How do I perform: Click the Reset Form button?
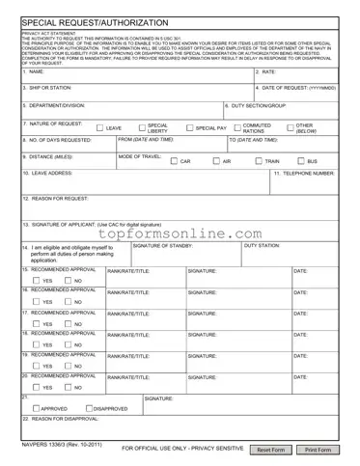(271, 451)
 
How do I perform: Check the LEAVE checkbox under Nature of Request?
(99, 127)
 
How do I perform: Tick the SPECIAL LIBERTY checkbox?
(140, 127)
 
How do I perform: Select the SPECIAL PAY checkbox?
(189, 127)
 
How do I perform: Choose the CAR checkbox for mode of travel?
(174, 161)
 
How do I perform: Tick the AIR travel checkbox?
(216, 161)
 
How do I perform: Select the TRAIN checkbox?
(259, 161)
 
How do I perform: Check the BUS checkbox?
(301, 161)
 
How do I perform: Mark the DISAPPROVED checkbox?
(89, 408)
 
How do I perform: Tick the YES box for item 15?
(35, 281)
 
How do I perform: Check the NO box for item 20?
(68, 387)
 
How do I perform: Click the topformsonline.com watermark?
(180, 233)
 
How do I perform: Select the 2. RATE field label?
(266, 72)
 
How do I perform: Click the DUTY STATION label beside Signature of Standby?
(263, 246)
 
